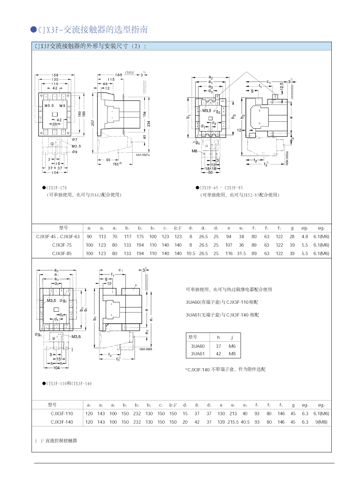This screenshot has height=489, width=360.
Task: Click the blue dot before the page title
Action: (x=33, y=30)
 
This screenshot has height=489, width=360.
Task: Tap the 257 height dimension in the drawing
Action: (x=93, y=122)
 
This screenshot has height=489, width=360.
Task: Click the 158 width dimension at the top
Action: (x=55, y=75)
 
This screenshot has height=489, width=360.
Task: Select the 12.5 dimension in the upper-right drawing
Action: (x=282, y=86)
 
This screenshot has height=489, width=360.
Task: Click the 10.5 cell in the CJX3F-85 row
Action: (x=191, y=254)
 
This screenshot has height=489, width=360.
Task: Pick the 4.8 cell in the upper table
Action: (x=304, y=236)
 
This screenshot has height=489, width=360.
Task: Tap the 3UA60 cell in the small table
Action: (x=198, y=346)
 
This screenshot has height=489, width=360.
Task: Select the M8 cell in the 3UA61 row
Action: (x=232, y=354)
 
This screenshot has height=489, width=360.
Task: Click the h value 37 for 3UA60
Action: (x=218, y=346)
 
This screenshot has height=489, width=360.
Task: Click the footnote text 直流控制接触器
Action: (x=61, y=441)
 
